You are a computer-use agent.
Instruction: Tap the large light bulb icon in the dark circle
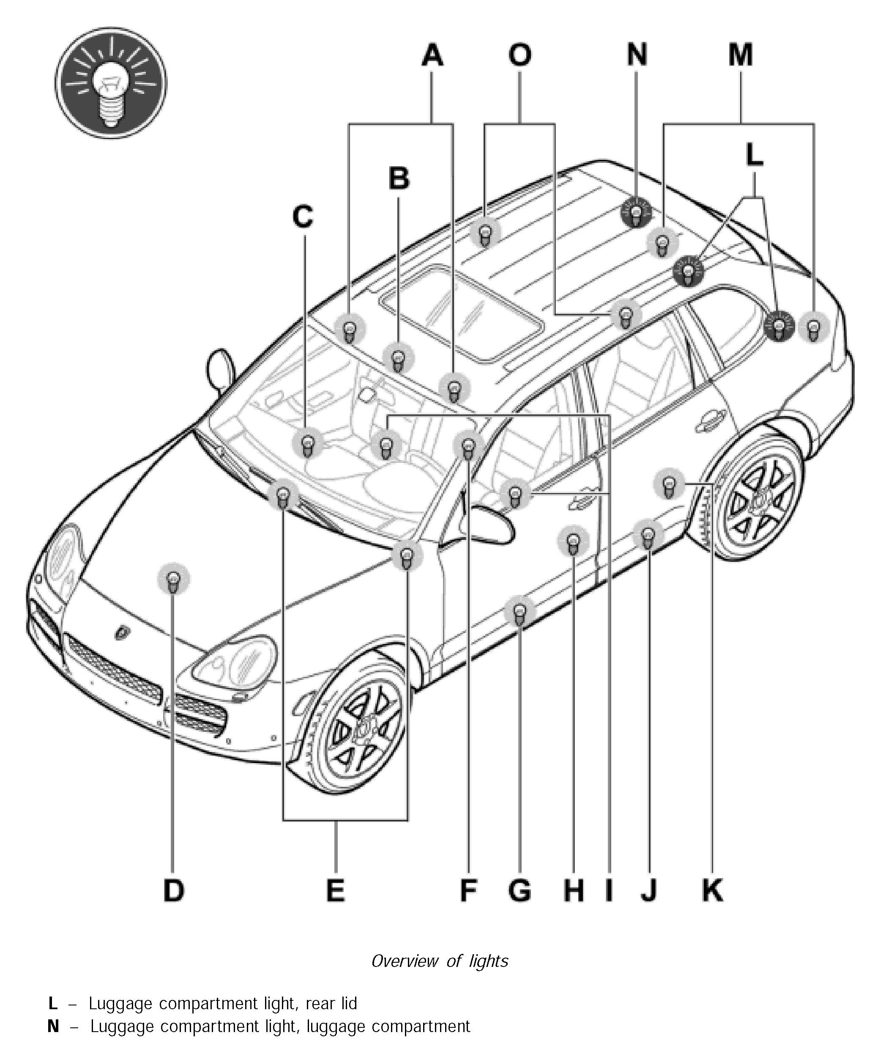[111, 82]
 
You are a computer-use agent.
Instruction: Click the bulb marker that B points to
[399, 358]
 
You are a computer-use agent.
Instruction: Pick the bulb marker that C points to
[307, 444]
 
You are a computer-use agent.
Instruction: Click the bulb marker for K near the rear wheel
[669, 484]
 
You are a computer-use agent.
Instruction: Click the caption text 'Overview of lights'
[439, 961]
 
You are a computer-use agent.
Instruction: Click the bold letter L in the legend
[53, 1003]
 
